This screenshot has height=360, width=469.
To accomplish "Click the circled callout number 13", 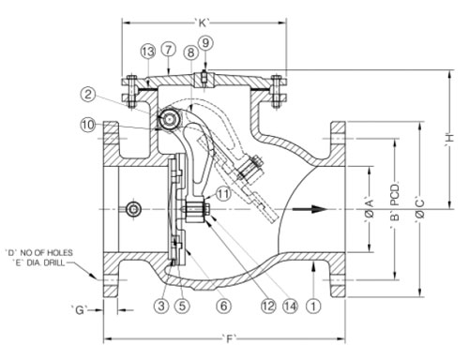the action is point(147,52).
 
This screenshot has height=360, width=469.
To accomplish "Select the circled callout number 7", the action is point(168,50).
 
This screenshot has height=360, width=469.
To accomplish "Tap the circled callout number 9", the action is point(205,43).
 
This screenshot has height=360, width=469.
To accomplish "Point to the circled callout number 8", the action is point(190,52).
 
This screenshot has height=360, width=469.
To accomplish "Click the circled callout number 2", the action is point(88,94).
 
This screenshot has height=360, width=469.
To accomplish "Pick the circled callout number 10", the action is point(88,126).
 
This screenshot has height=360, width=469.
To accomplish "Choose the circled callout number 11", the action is point(222,194).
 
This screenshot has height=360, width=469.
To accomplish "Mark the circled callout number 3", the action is point(161,306).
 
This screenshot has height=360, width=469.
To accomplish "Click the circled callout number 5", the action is point(182,306).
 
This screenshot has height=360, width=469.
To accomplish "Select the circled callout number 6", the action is point(224,306).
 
